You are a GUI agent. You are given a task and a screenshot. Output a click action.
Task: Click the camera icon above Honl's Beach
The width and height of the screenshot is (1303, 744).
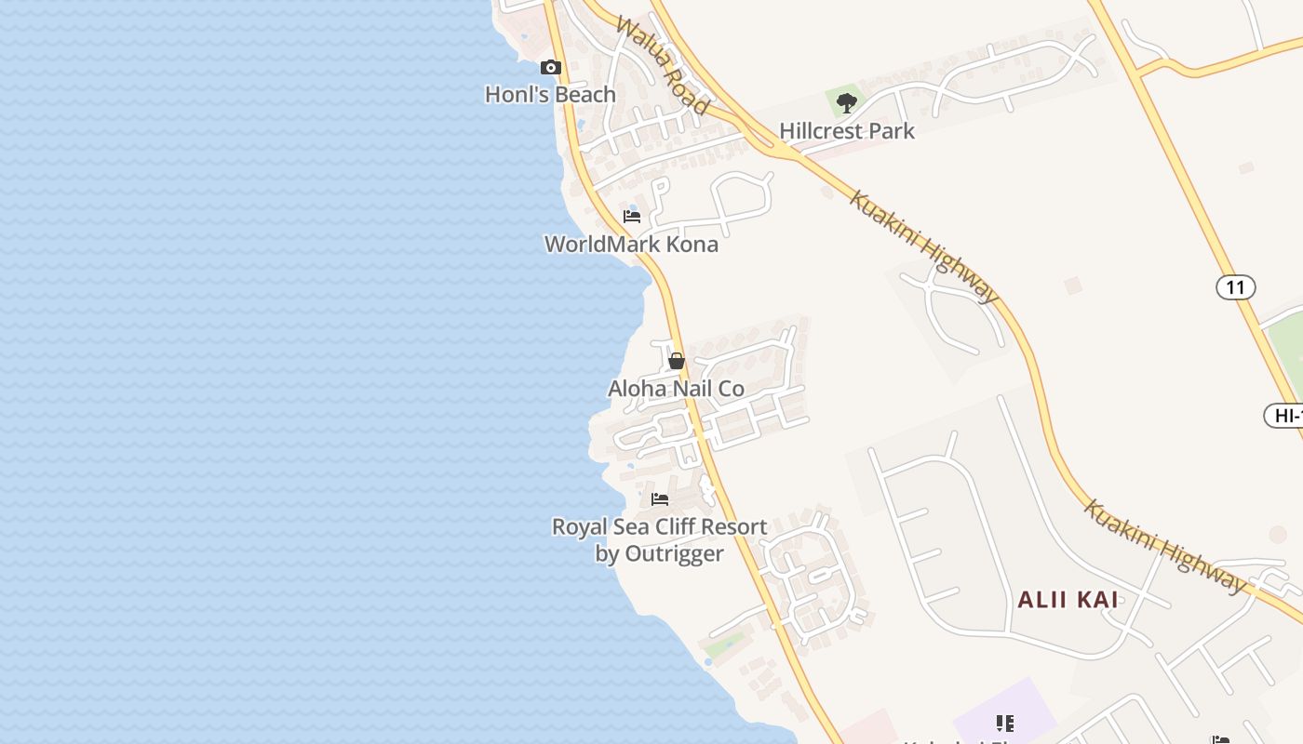click(551, 67)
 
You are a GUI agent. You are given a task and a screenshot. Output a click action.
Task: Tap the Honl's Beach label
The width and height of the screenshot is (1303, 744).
click(550, 94)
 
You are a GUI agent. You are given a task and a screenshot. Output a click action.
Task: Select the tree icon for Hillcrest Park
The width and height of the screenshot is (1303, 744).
click(846, 102)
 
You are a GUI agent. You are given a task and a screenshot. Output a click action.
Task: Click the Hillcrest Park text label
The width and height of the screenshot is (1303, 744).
click(847, 131)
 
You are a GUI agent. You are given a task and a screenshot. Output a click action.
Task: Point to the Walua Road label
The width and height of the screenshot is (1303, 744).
click(662, 66)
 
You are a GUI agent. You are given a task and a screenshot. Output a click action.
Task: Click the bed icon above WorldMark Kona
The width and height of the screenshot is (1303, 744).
click(632, 217)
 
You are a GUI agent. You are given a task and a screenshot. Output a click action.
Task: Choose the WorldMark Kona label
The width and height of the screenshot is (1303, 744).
click(631, 245)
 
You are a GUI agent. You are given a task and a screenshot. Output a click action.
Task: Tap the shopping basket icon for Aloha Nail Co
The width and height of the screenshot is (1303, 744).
click(677, 361)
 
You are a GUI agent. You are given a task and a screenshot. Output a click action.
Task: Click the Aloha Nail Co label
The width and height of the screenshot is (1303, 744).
click(676, 388)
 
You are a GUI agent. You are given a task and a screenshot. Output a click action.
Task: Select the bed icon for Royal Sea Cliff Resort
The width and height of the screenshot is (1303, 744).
click(660, 499)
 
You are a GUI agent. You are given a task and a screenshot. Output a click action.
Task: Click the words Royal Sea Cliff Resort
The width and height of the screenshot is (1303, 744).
click(659, 526)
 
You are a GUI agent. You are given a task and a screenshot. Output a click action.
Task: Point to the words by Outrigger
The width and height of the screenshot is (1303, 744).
click(659, 553)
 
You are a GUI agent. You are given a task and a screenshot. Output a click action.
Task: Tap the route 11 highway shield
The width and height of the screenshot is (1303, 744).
click(1235, 287)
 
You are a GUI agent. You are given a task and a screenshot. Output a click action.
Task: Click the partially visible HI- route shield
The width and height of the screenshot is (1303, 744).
click(1285, 416)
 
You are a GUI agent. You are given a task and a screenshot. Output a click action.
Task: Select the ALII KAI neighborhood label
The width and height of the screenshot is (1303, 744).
click(1068, 600)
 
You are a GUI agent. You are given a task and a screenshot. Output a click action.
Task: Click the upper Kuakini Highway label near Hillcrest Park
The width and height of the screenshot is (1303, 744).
click(924, 247)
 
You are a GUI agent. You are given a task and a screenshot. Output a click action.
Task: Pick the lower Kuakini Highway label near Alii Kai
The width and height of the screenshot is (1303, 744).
click(1164, 547)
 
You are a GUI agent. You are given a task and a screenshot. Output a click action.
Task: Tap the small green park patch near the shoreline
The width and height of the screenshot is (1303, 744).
click(724, 644)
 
